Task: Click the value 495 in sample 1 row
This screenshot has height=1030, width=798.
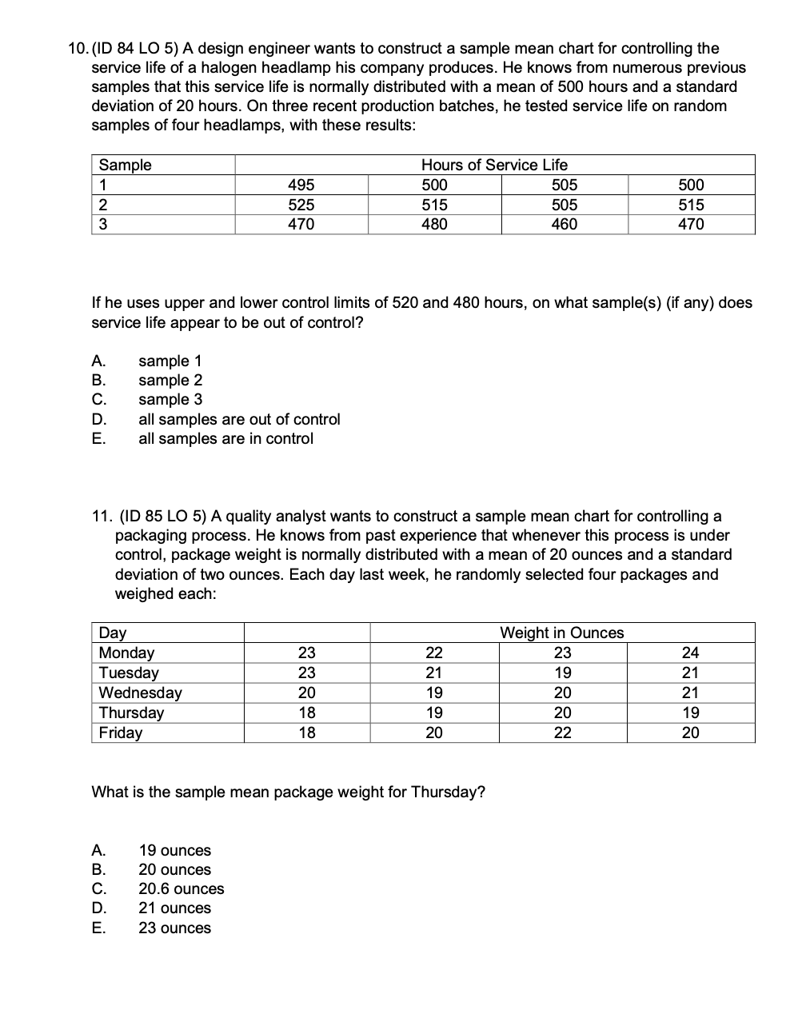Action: point(301,185)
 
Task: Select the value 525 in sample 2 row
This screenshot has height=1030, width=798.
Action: point(301,205)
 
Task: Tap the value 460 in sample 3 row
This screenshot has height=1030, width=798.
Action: point(565,225)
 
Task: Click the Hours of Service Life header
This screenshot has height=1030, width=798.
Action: point(494,165)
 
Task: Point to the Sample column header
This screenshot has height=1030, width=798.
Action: point(125,165)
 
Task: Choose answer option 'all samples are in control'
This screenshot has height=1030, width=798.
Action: point(225,438)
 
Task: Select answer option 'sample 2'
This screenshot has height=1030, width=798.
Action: point(170,381)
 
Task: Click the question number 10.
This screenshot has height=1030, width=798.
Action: point(77,49)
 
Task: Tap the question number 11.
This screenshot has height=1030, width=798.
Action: point(105,517)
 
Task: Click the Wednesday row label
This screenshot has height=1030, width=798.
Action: point(140,693)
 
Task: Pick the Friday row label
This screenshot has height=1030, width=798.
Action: point(120,733)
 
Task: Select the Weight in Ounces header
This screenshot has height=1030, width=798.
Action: point(561,633)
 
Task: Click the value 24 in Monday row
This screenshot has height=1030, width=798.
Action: point(690,653)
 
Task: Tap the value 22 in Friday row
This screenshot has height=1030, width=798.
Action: point(563,733)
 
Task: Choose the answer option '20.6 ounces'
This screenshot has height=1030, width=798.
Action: point(182,888)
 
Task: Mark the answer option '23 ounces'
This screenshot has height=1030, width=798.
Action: point(174,928)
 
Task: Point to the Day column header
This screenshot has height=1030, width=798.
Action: point(113,633)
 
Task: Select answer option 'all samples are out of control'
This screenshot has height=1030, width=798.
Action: point(239,419)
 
